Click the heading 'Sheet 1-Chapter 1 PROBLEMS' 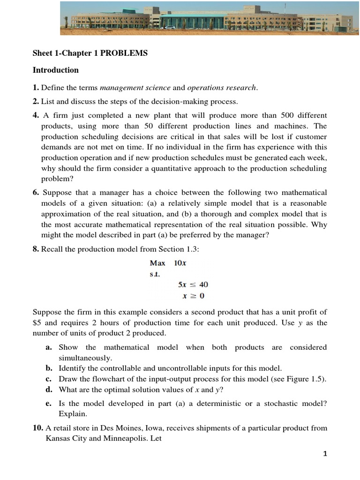(90, 53)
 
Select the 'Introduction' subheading (55, 70)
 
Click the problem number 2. (36, 101)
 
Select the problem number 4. (36, 115)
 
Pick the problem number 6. (36, 193)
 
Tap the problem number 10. (38, 428)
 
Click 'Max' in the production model (157, 263)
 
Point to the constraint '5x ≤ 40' (193, 285)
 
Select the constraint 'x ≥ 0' (193, 296)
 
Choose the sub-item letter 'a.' (48, 347)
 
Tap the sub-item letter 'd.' (48, 390)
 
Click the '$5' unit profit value (37, 323)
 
